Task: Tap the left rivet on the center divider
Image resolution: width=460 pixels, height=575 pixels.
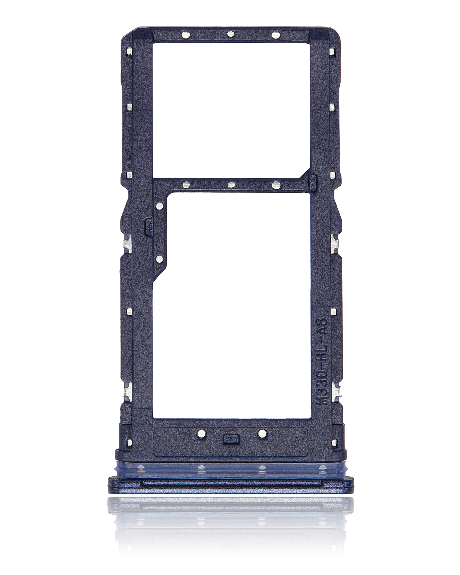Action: coord(186,184)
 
